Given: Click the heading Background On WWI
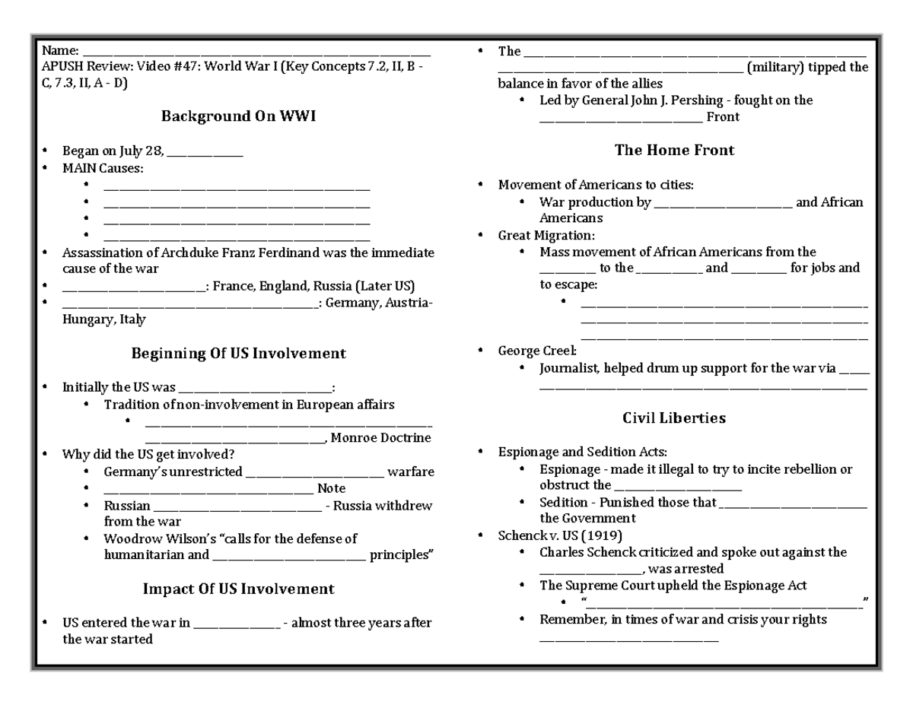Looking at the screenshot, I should pos(238,116).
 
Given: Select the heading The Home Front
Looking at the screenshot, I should pos(674,151).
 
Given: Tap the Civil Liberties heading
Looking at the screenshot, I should pos(673,418).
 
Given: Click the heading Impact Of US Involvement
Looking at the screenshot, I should pos(238,589).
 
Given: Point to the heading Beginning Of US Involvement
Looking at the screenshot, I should pos(238,354).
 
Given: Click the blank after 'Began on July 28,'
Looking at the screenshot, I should pos(205,152).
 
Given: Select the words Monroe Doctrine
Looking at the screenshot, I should pos(381,438).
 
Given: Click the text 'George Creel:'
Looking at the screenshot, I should pos(537,351).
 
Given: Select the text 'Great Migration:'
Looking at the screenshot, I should pos(546,236).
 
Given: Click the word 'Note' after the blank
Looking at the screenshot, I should pos(331,488).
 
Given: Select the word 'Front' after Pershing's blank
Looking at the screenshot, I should pos(723,117).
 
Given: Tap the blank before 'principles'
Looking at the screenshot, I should pos(289,556).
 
